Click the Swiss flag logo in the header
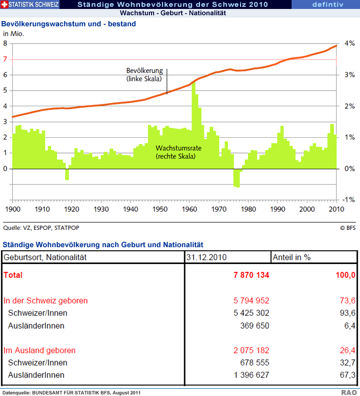pyautogui.click(x=5, y=5)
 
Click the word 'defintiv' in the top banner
pyautogui.click(x=328, y=5)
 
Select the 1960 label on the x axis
pyautogui.click(x=190, y=209)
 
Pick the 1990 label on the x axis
pyautogui.click(x=277, y=209)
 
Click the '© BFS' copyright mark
pyautogui.click(x=348, y=228)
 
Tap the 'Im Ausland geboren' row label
pyautogui.click(x=39, y=350)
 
